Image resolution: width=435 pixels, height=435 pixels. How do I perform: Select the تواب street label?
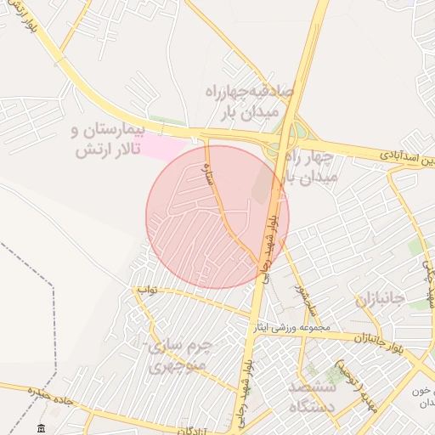pos(148,290)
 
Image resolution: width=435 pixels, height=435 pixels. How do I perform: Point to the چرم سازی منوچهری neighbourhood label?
pos(178,357)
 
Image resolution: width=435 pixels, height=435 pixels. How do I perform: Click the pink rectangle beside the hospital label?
pos(161,145)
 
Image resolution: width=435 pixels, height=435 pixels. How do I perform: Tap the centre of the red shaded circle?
pos(217,217)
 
